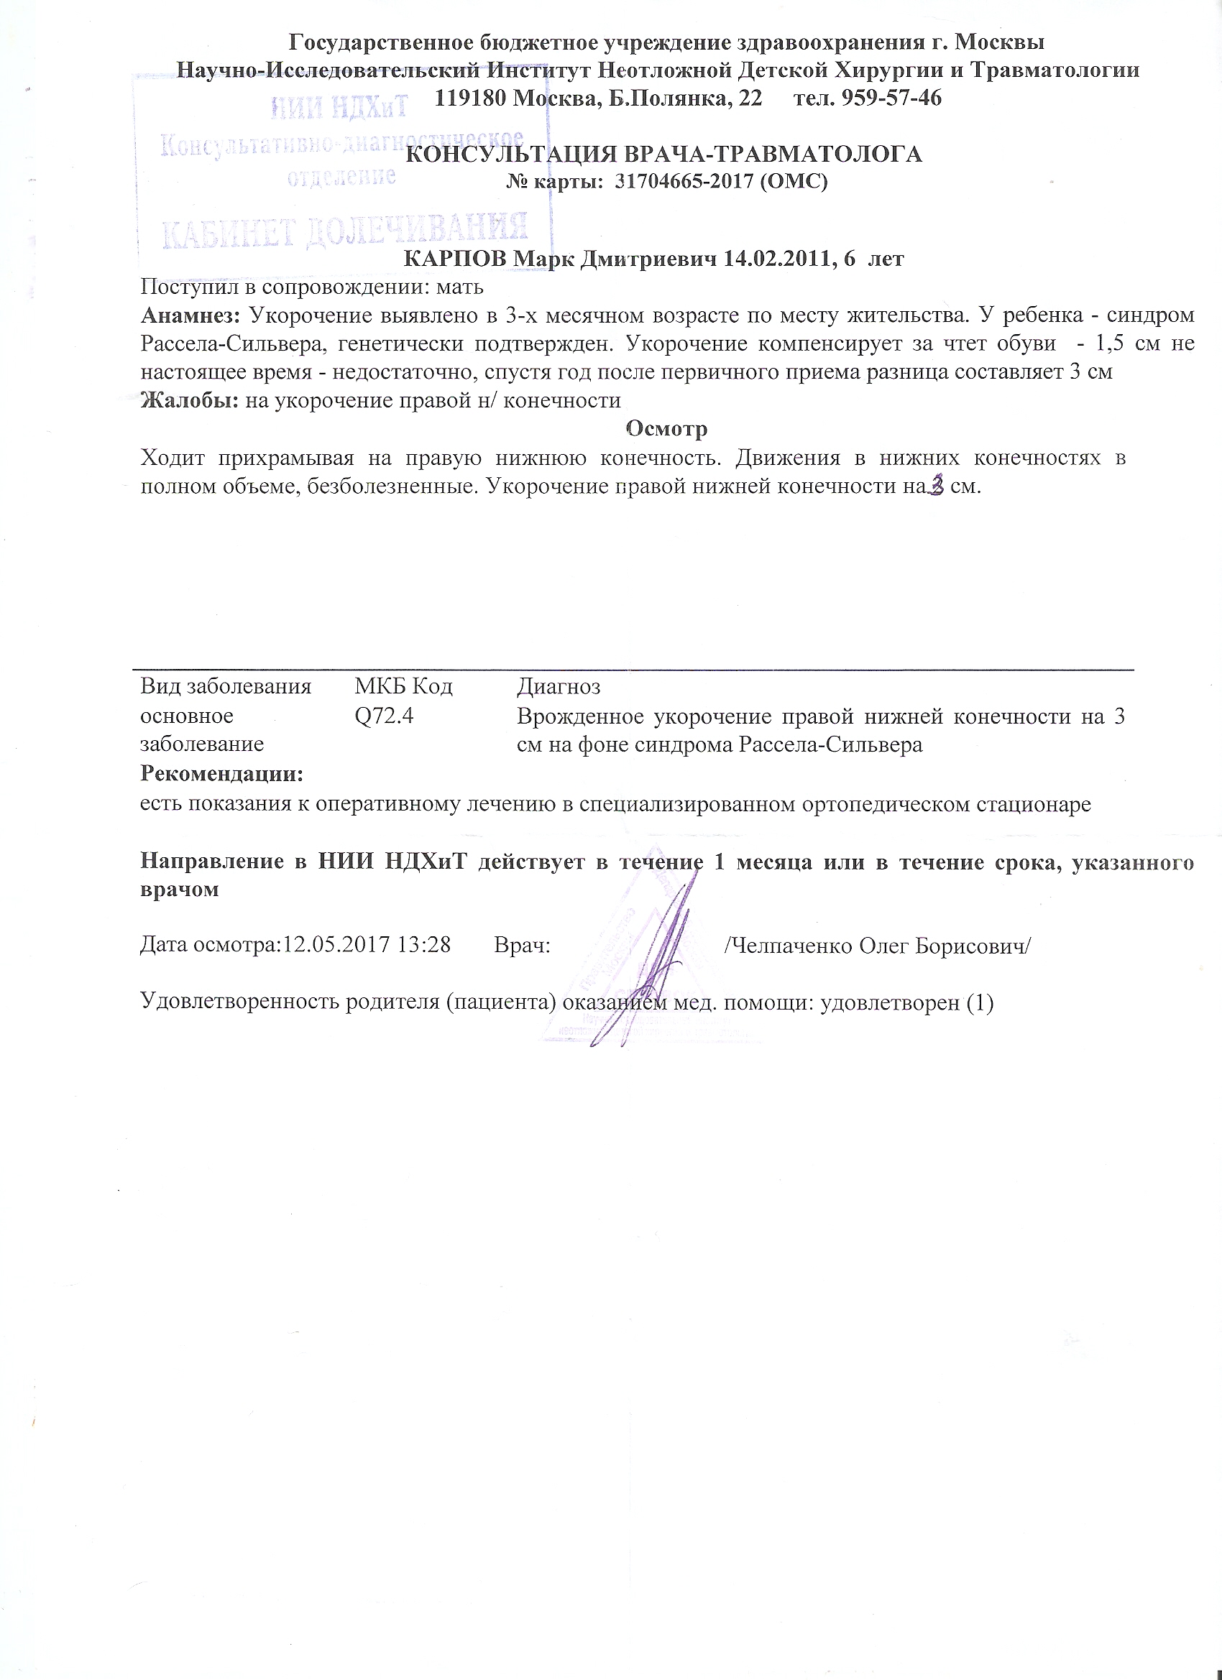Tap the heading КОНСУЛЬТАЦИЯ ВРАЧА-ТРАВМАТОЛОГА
tap(665, 154)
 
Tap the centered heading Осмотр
tap(666, 429)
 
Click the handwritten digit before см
tap(937, 486)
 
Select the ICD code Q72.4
tap(384, 716)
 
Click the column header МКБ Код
tap(403, 687)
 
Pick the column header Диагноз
tap(558, 687)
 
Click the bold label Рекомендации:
tap(222, 774)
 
